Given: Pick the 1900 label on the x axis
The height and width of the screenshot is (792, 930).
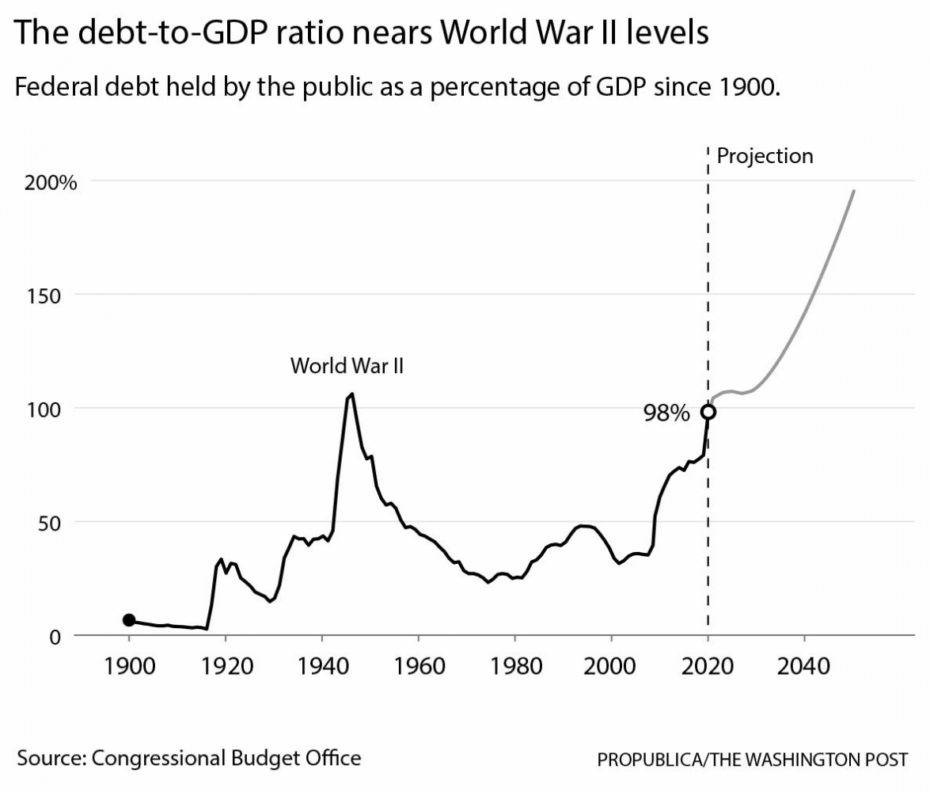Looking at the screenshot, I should pyautogui.click(x=129, y=665).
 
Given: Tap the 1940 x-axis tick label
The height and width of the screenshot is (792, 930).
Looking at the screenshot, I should pyautogui.click(x=322, y=665).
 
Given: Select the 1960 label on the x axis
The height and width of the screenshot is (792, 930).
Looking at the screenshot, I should pyautogui.click(x=419, y=665).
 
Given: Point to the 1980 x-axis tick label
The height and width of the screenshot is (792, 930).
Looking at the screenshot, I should pyautogui.click(x=515, y=665).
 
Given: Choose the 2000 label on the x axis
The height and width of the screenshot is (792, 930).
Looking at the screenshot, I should pyautogui.click(x=611, y=665).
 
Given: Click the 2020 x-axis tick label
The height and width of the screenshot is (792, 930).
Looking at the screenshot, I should pyautogui.click(x=708, y=665).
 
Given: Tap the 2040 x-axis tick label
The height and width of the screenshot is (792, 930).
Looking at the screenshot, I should pyautogui.click(x=804, y=665).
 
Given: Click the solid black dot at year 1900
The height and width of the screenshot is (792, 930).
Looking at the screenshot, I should pyautogui.click(x=129, y=620).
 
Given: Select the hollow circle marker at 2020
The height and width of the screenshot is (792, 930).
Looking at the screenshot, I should pyautogui.click(x=708, y=412).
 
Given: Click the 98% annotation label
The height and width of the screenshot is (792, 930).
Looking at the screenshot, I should pyautogui.click(x=666, y=413).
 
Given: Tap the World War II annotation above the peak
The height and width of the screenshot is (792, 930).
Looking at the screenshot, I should pyautogui.click(x=347, y=367).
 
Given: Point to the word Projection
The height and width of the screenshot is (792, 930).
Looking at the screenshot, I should pyautogui.click(x=765, y=156).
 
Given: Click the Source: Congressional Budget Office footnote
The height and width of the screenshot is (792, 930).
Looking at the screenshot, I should pyautogui.click(x=189, y=758).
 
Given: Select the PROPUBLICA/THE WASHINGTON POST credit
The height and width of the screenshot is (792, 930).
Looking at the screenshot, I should pyautogui.click(x=752, y=760).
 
